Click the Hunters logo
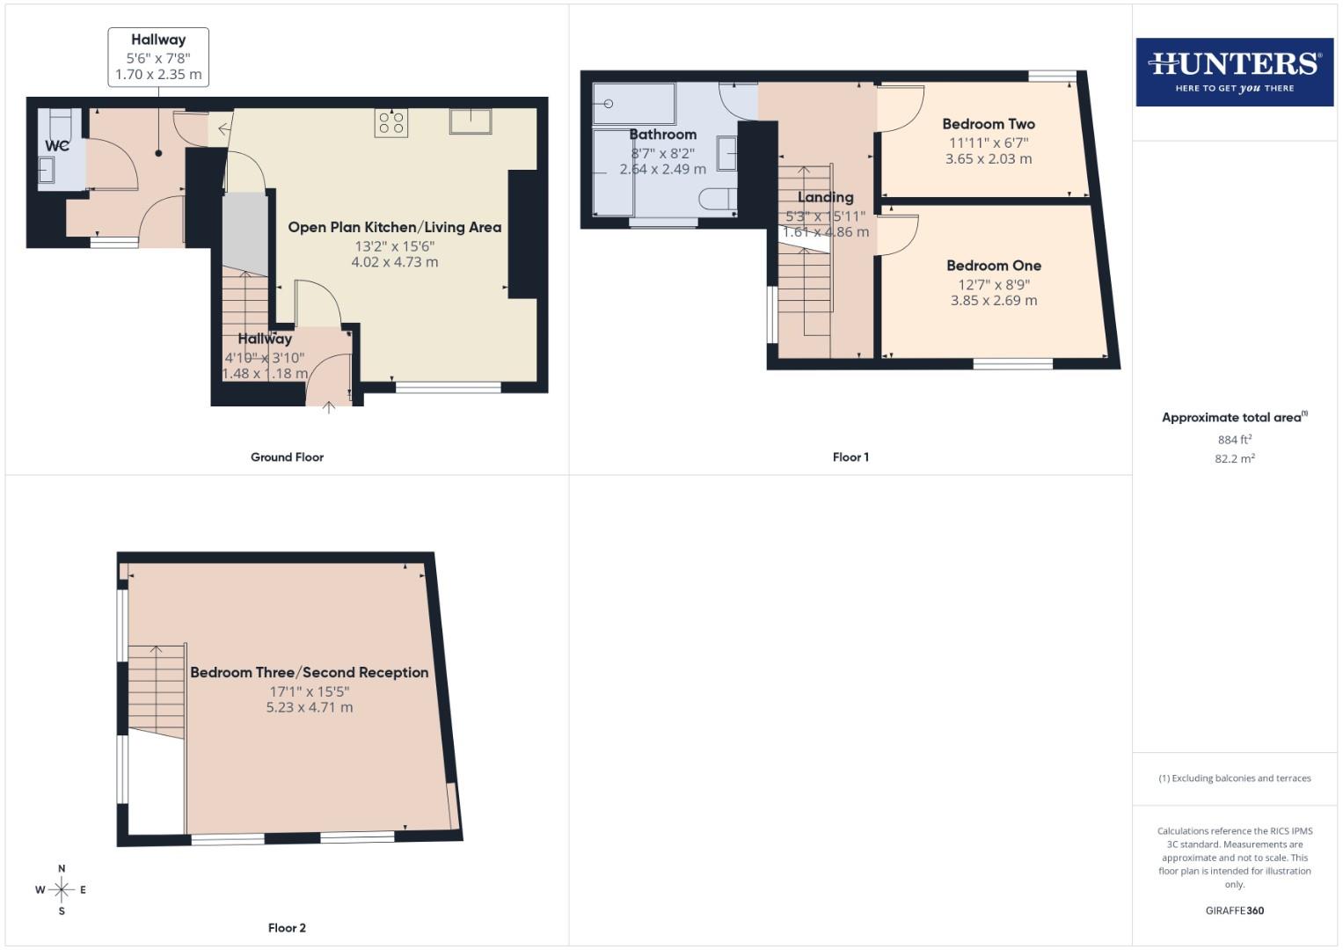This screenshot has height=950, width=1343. tap(1234, 72)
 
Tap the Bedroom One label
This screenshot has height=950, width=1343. tap(994, 266)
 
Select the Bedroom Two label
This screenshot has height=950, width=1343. tap(989, 124)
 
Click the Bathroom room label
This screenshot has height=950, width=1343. tap(663, 135)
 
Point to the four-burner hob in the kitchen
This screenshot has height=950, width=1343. tap(391, 122)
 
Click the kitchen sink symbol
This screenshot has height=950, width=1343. tap(471, 121)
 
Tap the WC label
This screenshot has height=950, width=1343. tap(57, 146)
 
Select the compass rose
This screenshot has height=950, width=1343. tap(62, 890)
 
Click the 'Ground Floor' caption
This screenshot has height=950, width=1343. tap(287, 457)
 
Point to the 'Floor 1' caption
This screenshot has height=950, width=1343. tap(850, 457)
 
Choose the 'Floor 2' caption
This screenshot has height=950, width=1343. tap(287, 928)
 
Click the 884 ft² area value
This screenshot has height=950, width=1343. tap(1234, 440)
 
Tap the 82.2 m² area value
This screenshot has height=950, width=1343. tap(1234, 458)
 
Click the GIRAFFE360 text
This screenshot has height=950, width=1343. tap(1234, 910)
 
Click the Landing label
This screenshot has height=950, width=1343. tap(825, 197)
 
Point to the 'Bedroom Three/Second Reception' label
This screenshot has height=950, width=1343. tap(310, 673)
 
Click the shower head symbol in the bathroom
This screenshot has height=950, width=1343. tap(607, 104)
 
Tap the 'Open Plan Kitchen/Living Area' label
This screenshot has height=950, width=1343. tap(395, 227)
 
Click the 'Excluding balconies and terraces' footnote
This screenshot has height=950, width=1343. tap(1234, 778)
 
